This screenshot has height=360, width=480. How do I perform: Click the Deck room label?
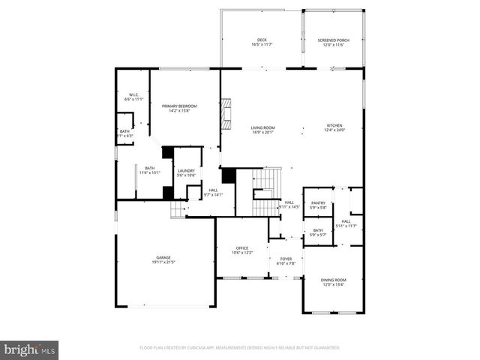click(x=262, y=40)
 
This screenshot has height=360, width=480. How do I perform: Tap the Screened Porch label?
click(x=333, y=40)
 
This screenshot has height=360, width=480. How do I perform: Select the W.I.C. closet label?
click(x=132, y=94)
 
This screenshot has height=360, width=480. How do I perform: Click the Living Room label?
click(x=262, y=127)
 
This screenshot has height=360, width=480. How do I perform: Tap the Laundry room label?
click(x=186, y=170)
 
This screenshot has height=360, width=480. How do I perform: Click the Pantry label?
click(x=318, y=202)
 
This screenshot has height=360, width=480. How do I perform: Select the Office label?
click(x=241, y=247)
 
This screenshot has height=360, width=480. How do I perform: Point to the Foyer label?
click(x=286, y=259)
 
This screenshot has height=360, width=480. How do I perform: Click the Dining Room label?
click(x=333, y=279)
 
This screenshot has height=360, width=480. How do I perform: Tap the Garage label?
click(x=163, y=258)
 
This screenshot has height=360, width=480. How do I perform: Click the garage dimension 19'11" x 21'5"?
click(x=163, y=262)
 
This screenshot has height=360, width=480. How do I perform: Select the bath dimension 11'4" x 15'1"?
click(x=150, y=172)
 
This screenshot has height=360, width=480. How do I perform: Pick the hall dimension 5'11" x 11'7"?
click(x=346, y=226)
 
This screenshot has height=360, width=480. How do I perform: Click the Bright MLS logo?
click(x=30, y=349)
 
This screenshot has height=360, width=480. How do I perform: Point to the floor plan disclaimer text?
click(x=239, y=348)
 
